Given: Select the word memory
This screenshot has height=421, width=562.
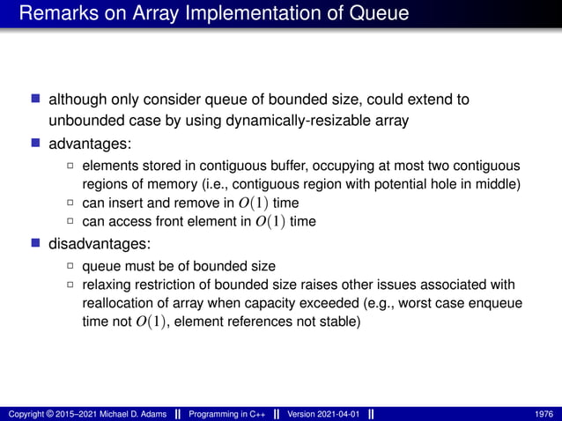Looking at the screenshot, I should (183, 183).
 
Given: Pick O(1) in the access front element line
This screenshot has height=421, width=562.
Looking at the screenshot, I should (271, 222).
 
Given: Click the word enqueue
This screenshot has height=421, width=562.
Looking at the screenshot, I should (498, 304).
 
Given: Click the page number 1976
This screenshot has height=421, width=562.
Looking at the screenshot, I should (544, 413).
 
